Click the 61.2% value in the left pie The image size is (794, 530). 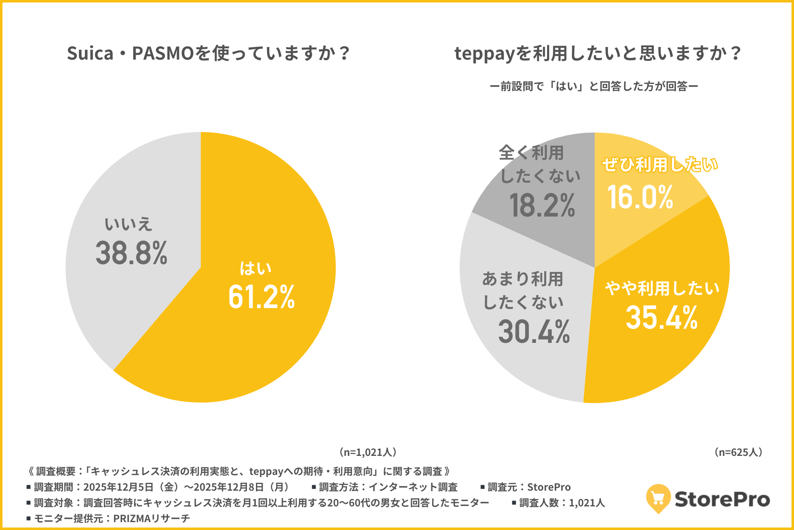click(x=261, y=297)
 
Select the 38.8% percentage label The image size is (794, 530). click(x=131, y=253)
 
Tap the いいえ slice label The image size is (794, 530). click(x=128, y=224)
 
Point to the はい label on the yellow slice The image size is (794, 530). click(x=256, y=268)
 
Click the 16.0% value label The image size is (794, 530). click(x=640, y=197)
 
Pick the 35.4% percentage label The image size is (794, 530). click(x=662, y=318)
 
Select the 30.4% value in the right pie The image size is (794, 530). click(x=534, y=332)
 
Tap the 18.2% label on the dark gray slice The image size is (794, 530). click(x=542, y=205)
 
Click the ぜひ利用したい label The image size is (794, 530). click(x=660, y=164)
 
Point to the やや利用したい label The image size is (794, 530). click(x=662, y=288)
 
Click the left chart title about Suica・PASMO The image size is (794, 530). click(x=209, y=53)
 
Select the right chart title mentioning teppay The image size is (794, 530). click(x=598, y=53)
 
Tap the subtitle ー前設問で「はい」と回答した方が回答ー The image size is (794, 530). click(x=594, y=86)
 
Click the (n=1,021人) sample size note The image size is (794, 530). click(x=368, y=452)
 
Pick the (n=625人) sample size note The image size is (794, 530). click(x=739, y=452)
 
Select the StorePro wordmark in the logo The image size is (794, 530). click(x=722, y=499)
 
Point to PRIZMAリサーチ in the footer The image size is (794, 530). click(x=151, y=518)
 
